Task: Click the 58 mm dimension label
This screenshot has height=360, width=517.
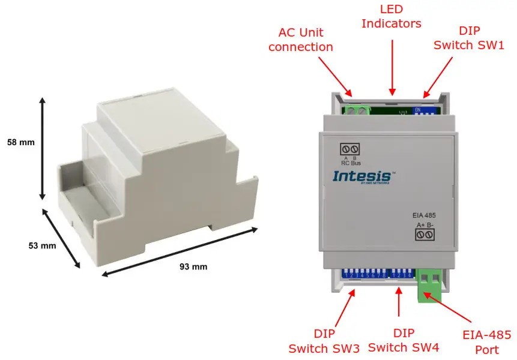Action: point(21,143)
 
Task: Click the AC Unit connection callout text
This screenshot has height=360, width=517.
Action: point(300,39)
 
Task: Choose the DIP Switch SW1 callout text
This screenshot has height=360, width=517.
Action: point(469,38)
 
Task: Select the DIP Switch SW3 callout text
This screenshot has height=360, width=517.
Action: point(324,341)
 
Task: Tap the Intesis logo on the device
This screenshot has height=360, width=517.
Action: point(363,176)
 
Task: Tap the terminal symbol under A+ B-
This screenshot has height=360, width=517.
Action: point(425,235)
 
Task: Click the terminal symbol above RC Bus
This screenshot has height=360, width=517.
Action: point(350,149)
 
